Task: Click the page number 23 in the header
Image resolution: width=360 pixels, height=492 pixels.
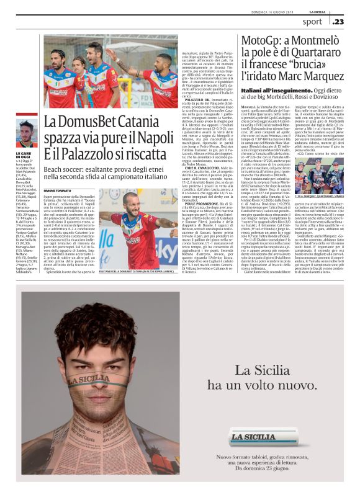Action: pos(339,22)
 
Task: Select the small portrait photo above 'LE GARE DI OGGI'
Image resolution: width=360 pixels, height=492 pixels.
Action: pos(26,135)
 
